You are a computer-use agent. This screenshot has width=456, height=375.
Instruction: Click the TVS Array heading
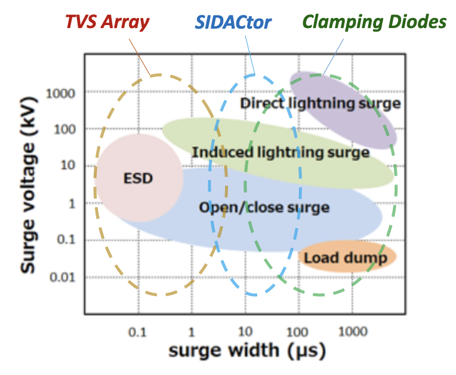coord(107,22)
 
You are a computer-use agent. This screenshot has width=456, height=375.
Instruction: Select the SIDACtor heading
coord(233,23)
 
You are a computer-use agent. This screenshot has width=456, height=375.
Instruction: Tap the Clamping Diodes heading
coord(374,22)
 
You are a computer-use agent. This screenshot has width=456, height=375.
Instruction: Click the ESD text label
coord(138,179)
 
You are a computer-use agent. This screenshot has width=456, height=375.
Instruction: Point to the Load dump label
coord(346,258)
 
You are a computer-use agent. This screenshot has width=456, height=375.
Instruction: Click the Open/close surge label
coord(264,207)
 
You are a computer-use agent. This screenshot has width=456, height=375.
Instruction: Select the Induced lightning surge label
coord(281,152)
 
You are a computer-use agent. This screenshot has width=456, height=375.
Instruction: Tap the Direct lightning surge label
coord(321,103)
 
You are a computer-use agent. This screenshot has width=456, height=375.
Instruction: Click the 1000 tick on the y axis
coord(60,94)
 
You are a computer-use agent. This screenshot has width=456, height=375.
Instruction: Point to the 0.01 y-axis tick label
coord(63,277)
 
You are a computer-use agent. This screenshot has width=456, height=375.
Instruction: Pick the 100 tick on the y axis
coord(65,130)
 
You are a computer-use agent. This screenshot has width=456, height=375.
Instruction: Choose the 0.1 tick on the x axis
coord(137,332)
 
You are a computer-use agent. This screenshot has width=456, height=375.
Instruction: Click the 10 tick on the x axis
coord(245,331)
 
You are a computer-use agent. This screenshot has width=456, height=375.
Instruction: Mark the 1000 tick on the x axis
coord(353,331)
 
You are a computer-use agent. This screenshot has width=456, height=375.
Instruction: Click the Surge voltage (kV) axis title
coord(29,185)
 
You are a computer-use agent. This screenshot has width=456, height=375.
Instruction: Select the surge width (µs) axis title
coord(247,351)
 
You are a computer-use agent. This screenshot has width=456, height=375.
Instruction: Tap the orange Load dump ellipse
coord(347,256)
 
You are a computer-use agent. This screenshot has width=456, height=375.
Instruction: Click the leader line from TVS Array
coord(140,57)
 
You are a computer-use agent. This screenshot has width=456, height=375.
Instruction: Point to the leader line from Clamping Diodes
coord(333,57)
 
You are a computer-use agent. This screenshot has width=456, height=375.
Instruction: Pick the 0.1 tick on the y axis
coord(66,239)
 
